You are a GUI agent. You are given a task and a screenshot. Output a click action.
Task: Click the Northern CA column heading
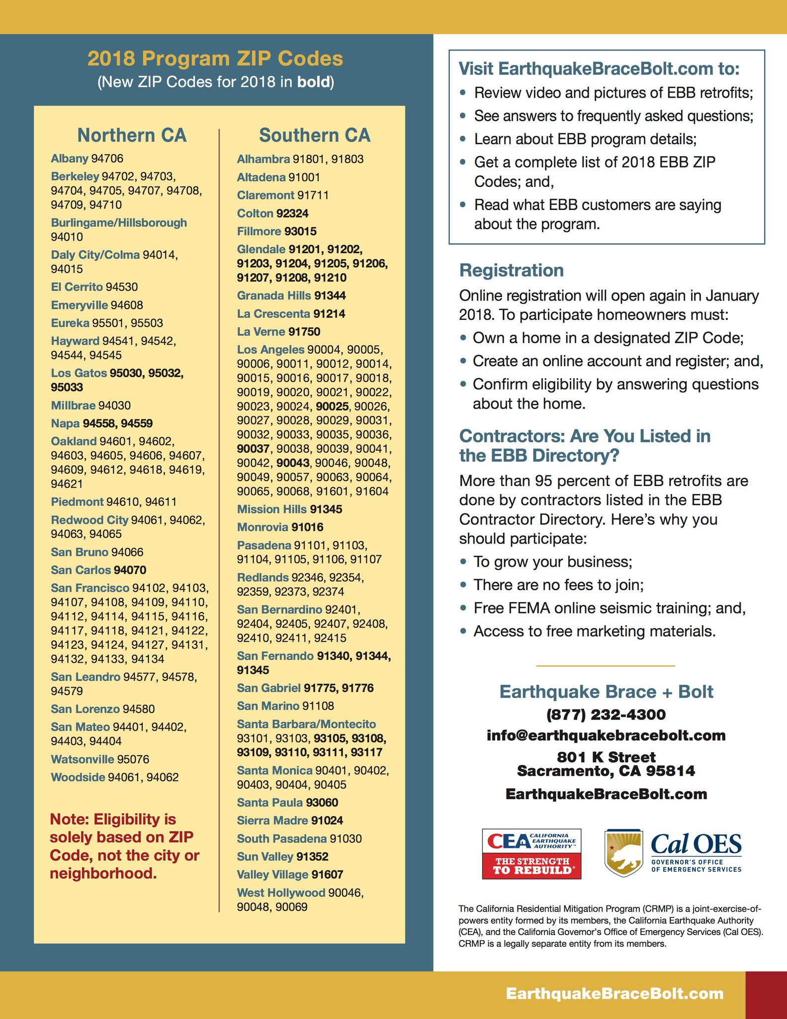coord(132,135)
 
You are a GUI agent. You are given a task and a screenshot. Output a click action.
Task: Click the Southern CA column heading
coord(315,135)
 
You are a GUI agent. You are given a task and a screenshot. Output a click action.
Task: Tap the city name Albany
coord(70,159)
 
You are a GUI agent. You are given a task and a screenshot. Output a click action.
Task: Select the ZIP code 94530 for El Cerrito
coord(122,287)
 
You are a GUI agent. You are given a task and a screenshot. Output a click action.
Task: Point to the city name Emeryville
coord(79,305)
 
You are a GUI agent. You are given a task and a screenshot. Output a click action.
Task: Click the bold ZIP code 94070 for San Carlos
coord(130,570)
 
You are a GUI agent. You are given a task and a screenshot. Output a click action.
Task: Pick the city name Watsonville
coord(83,759)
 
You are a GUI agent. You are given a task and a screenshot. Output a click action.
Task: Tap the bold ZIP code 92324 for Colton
coord(292,213)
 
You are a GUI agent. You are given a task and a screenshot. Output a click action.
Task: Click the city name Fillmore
coord(259,231)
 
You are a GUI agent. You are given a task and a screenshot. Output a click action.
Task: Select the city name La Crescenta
coord(273,314)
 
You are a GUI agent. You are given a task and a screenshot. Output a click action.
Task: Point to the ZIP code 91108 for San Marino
coord(318,706)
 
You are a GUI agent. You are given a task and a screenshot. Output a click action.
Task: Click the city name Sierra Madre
coord(272,820)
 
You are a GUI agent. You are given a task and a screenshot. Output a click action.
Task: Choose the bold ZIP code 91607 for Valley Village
coord(325,875)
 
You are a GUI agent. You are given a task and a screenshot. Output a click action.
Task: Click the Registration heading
coord(512,270)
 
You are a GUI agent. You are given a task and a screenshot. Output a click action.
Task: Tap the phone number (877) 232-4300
coord(606,714)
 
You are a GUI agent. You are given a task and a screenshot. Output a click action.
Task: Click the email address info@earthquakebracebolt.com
coord(606,735)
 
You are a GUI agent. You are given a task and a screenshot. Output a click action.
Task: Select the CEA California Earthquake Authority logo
coord(531,853)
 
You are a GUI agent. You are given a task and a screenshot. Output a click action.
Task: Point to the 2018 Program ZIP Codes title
coord(215,59)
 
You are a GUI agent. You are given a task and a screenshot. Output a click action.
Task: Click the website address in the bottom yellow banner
coord(614,994)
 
